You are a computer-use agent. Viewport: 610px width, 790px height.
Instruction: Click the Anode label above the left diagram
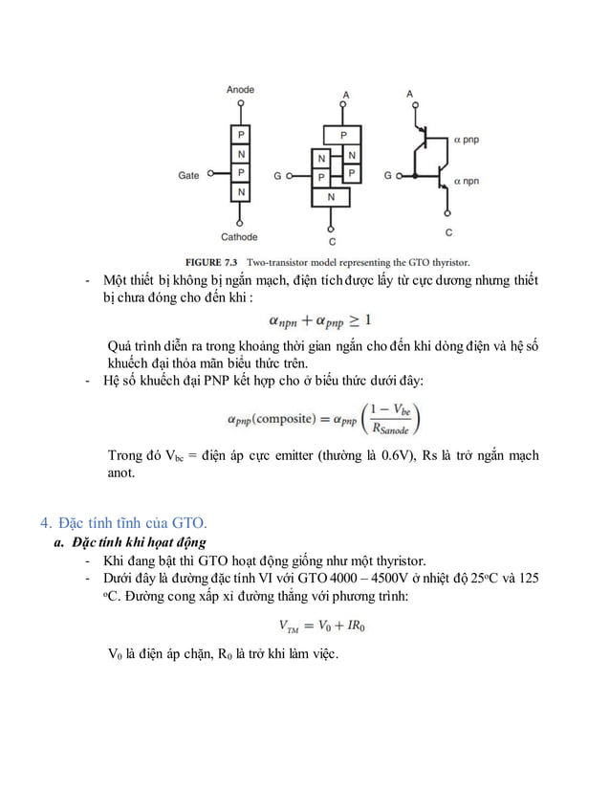click(240, 89)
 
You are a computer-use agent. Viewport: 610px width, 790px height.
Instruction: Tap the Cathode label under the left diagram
click(239, 236)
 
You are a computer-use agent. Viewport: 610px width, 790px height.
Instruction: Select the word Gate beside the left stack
click(188, 175)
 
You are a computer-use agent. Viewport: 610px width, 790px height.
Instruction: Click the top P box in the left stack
click(241, 135)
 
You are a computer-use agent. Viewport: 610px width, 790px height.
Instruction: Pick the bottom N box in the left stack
click(241, 192)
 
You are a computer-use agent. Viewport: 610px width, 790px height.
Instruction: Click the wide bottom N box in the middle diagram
click(332, 196)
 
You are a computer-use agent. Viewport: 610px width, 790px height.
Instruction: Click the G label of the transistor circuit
click(387, 177)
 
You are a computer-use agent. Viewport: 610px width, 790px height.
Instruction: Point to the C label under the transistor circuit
click(447, 232)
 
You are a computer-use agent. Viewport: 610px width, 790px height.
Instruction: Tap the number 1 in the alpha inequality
click(368, 318)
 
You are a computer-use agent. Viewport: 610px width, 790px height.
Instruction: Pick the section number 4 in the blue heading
click(44, 522)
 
